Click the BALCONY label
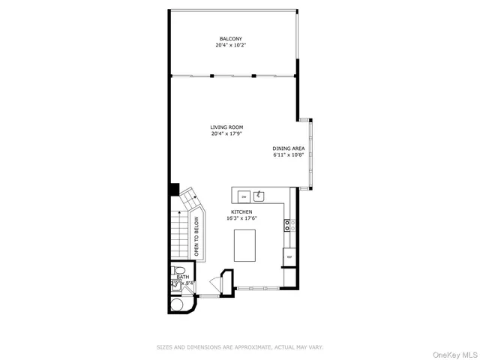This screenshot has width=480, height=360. pos(231,38)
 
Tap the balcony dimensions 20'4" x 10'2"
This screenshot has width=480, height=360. pos(231,46)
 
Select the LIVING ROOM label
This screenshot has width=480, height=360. pos(226,127)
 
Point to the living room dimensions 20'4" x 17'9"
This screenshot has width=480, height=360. pos(226,135)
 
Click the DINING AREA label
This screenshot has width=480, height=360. pos(288,149)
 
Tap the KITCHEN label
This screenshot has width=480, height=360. pos(241,212)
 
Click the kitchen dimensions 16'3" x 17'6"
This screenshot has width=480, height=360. pos(241,219)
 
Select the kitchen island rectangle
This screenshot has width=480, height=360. pos(245,245)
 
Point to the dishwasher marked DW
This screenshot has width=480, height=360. pos(243,196)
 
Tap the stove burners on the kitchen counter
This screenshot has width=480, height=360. pos(288,224)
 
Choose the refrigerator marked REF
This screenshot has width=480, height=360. pos(289,256)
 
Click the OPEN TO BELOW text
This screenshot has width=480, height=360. pos(196,237)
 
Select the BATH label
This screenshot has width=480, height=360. pos(183,277)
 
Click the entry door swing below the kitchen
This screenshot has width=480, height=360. pos(217,284)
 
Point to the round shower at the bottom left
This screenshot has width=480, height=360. pos(180,305)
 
